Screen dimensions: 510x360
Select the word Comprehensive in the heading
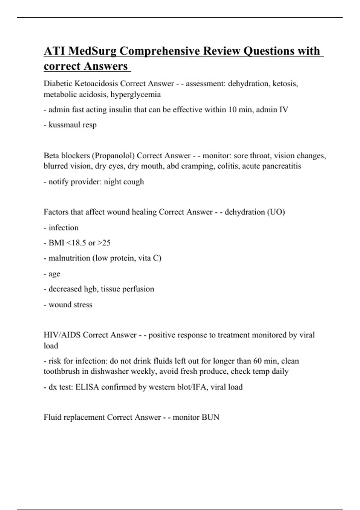(x=160, y=51)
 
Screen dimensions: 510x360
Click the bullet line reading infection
(x=63, y=228)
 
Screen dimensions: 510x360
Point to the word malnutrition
(x=69, y=258)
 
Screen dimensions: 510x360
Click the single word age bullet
(x=54, y=274)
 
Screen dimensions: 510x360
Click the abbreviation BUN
(x=211, y=417)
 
